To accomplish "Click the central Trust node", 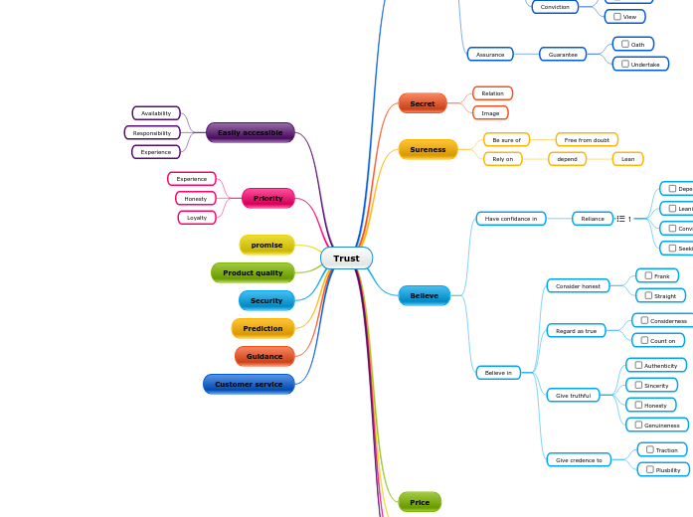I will (x=346, y=258).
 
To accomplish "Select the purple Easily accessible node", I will (x=250, y=132).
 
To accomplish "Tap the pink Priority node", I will (x=267, y=198).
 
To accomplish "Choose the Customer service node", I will (x=249, y=384).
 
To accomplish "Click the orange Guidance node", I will (x=264, y=356).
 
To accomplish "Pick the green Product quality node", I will (x=253, y=272).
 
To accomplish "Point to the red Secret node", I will (x=423, y=103).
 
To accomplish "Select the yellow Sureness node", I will (x=428, y=149).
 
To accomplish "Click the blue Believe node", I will (x=424, y=295).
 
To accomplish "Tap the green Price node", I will (x=420, y=502).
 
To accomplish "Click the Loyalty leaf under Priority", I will (x=197, y=218).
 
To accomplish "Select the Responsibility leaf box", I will (x=152, y=132).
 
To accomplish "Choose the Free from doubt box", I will (x=587, y=140).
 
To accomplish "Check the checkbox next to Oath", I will (x=624, y=44).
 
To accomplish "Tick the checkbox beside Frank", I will (x=648, y=275).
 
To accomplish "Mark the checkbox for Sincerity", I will (x=638, y=385).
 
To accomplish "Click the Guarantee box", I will (x=563, y=55).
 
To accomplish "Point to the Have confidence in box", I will (x=510, y=218).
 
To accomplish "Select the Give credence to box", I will (x=579, y=460).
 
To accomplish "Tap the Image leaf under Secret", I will (x=490, y=112).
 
